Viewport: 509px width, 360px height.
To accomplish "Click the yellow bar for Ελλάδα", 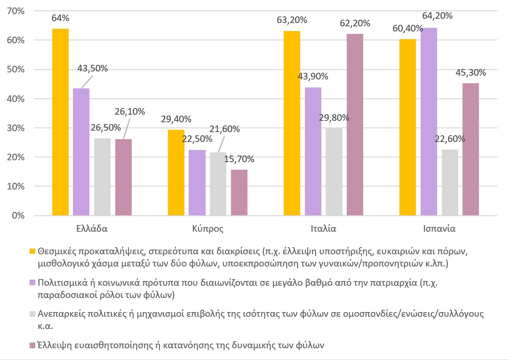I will [x=60, y=122].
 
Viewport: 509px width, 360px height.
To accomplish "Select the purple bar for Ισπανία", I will [x=429, y=122].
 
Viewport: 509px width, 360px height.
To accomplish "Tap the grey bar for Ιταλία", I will [x=334, y=172].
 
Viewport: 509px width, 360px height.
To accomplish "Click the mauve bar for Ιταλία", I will [x=355, y=125].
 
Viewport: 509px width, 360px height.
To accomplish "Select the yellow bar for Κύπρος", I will [x=176, y=172].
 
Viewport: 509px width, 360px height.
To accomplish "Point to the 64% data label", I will [x=61, y=18].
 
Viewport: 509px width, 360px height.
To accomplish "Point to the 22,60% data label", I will [x=450, y=139].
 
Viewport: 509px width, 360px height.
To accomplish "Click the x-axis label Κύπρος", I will [x=207, y=230].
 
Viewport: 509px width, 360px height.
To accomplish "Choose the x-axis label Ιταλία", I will [x=323, y=230].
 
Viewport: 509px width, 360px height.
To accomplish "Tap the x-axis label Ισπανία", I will [x=438, y=230].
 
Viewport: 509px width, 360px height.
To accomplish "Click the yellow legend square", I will [x=32, y=250].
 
